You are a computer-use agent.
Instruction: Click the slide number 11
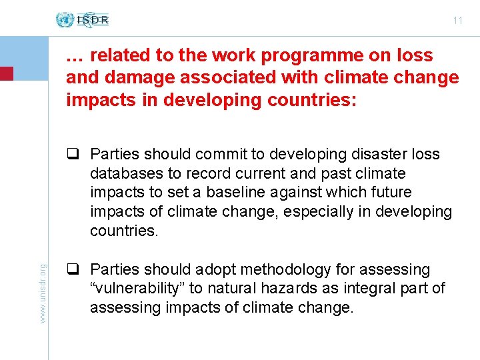457,21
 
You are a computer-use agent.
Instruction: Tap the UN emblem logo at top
65,19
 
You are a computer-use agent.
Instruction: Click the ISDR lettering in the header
93,20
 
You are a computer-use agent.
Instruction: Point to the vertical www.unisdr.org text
43,294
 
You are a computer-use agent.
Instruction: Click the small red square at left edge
6,73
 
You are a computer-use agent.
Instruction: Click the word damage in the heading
131,78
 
